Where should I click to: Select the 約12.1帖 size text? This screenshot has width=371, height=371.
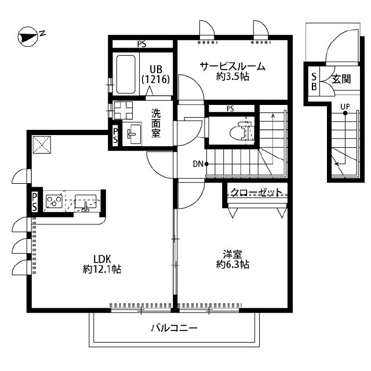point(101,269)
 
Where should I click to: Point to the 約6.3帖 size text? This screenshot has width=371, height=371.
point(233,264)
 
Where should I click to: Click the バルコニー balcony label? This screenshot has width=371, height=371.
point(174,328)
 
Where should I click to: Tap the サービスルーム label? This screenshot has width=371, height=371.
point(232,66)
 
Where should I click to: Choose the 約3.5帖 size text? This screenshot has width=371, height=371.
point(232,77)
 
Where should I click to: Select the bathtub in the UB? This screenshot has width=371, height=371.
point(126,74)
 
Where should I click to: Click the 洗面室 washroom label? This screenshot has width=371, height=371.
point(157,122)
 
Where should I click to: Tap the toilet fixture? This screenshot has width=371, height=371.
point(241,133)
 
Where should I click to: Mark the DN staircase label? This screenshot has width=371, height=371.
point(198,164)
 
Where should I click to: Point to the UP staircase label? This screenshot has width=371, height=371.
point(345,106)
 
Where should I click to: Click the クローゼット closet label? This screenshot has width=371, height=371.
point(256,192)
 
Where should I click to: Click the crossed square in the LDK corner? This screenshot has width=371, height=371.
point(41,144)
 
